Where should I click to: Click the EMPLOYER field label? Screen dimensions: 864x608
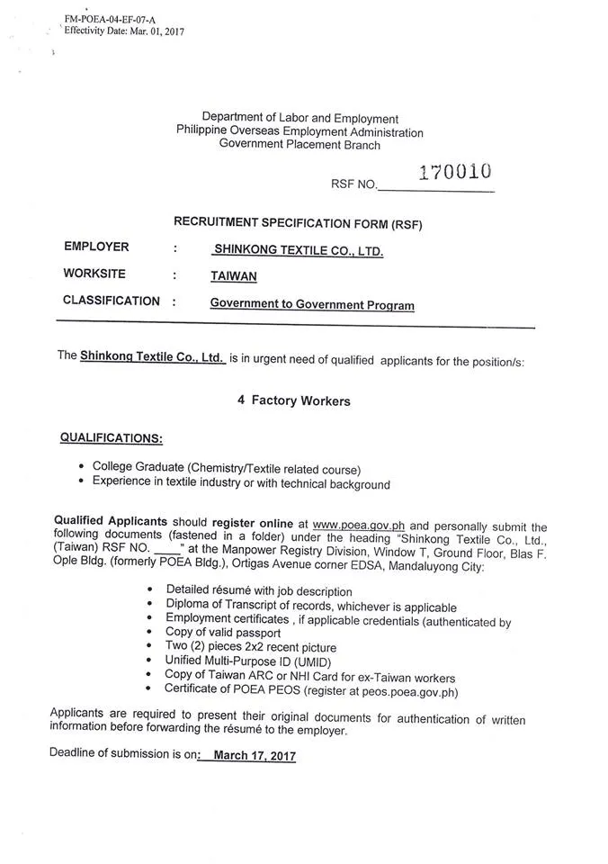tap(96, 247)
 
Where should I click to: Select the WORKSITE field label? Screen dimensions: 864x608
tap(94, 274)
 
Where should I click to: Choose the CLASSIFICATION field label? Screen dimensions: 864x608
tap(112, 301)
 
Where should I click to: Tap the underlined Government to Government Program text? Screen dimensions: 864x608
tap(312, 305)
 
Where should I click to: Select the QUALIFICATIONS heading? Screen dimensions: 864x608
tap(112, 437)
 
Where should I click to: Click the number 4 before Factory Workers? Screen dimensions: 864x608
tap(241, 400)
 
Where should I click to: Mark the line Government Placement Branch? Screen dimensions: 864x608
tap(300, 145)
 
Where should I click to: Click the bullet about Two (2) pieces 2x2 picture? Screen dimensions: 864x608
tap(251, 647)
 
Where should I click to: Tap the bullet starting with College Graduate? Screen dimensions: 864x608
tap(226, 468)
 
